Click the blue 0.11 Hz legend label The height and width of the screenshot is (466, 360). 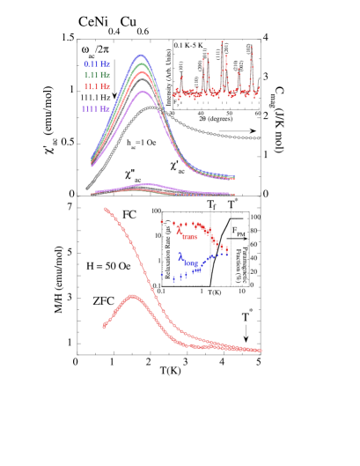pos(97,64)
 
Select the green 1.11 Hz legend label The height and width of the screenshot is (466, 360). pos(97,75)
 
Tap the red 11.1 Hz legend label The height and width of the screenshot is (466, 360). pos(97,86)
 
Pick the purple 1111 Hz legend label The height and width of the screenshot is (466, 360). pos(96,108)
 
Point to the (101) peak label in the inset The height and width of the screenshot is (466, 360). pos(181,65)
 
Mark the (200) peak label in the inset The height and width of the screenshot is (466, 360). pos(201,64)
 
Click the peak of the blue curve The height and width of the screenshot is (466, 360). pos(140,55)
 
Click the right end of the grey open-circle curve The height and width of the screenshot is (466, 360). pos(258,138)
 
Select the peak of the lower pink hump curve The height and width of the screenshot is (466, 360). pos(132,296)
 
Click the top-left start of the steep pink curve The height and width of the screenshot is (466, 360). pos(105,209)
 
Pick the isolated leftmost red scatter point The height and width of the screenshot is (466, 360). pos(162,223)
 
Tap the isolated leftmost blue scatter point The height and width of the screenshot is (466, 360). pos(162,274)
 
